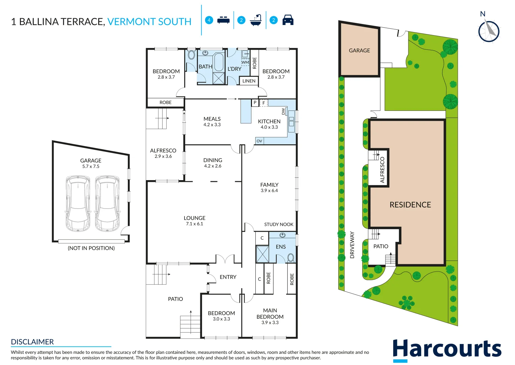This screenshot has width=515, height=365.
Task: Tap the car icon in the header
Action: click(x=288, y=20)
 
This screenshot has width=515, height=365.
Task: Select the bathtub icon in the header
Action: click(x=256, y=20)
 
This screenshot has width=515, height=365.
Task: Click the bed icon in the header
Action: click(x=223, y=20)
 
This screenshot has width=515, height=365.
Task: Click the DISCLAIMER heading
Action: click(x=32, y=342)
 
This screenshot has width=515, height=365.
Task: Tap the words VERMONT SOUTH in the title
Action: click(x=149, y=22)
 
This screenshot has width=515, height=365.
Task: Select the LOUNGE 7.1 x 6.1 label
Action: click(x=195, y=220)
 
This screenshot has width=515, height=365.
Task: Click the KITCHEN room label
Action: click(x=269, y=121)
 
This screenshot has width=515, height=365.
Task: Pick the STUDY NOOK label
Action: click(x=279, y=224)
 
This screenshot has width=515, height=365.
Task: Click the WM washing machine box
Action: click(x=245, y=62)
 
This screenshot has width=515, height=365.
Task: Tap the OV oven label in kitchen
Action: click(x=259, y=141)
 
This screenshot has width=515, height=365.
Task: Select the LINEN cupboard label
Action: click(x=249, y=81)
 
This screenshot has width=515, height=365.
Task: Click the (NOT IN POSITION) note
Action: click(x=91, y=248)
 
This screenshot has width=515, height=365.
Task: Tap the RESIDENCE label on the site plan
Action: click(x=410, y=204)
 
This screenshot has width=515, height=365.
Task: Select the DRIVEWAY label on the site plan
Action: click(x=352, y=245)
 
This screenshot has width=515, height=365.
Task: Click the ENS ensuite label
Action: click(x=281, y=247)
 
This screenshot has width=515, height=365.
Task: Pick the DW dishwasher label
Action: click(x=283, y=111)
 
